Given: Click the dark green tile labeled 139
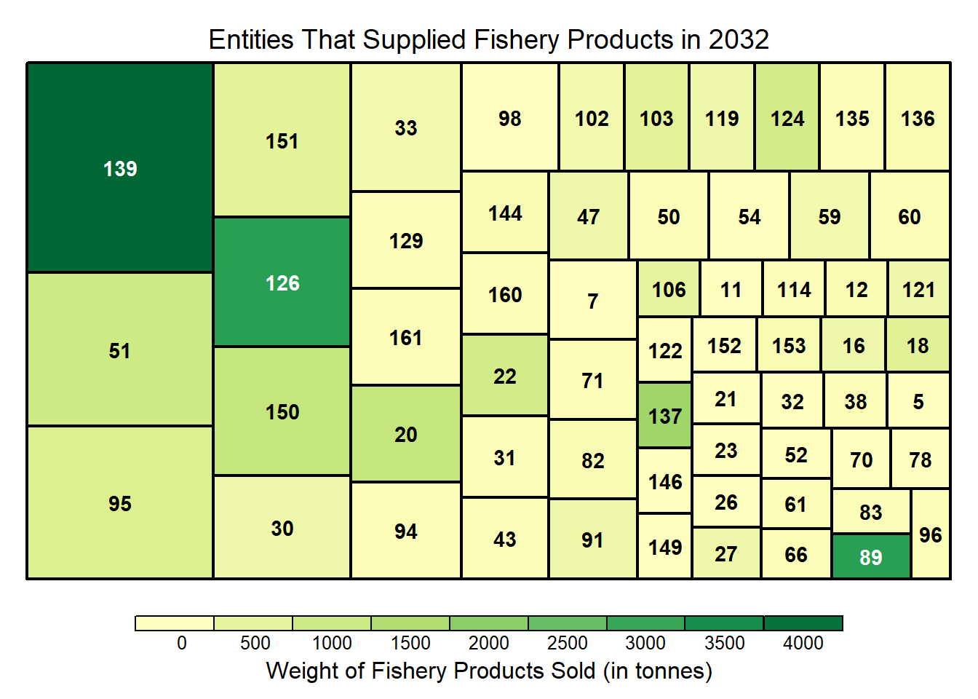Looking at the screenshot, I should click(120, 168).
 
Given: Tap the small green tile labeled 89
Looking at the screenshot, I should click(871, 557).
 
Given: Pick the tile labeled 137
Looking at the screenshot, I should click(665, 416).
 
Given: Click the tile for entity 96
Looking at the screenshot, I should click(931, 534).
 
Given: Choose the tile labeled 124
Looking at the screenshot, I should click(787, 118).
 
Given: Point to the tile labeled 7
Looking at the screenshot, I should click(593, 300).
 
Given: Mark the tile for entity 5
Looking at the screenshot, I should click(918, 400).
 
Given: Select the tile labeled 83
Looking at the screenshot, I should click(871, 512).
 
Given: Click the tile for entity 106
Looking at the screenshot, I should click(669, 289).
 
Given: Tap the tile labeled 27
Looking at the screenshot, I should click(725, 553).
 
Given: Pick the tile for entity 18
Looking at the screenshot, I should click(918, 345).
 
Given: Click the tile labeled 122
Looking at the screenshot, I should click(665, 350).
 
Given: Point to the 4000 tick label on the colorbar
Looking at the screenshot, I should click(803, 643).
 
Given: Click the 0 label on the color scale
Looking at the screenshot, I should click(182, 643).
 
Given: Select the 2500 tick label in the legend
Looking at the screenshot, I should click(568, 643).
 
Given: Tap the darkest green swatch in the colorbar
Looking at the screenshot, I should click(803, 623).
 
